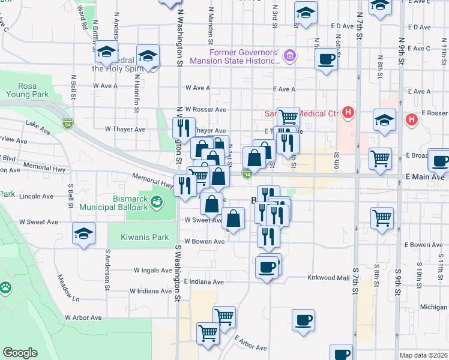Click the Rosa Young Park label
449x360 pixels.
[x=26, y=89]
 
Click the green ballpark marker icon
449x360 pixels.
[x=157, y=202]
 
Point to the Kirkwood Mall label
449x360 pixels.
[x=328, y=278]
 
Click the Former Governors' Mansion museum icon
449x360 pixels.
[x=290, y=56]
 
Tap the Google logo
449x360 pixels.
[x=20, y=353]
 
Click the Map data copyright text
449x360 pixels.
[x=423, y=355]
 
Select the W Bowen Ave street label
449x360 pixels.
[x=204, y=241]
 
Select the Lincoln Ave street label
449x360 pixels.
[x=37, y=196]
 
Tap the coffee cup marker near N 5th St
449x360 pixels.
[x=326, y=59]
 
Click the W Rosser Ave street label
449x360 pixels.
[x=205, y=109]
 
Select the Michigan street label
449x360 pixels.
[x=433, y=307]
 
